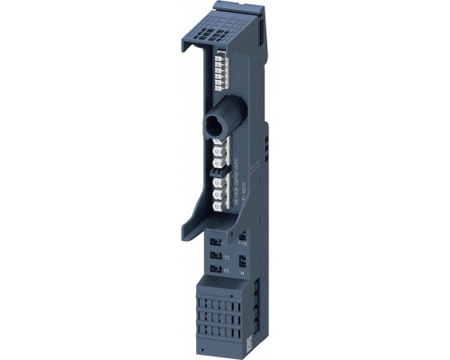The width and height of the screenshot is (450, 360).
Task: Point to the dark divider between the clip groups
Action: tap(217, 178)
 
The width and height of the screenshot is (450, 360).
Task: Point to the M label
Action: tap(242, 272)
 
